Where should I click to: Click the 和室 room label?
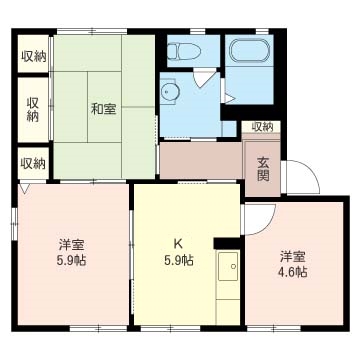tap(104, 109)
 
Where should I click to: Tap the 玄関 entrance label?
tap(263, 169)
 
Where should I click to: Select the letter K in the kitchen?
tap(178, 244)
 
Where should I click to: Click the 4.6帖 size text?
tap(293, 273)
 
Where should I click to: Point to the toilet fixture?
tap(184, 51)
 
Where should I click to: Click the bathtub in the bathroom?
tap(249, 51)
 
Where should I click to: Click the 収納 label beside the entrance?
tap(262, 127)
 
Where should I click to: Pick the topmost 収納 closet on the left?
tap(34, 57)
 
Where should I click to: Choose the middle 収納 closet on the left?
tap(33, 109)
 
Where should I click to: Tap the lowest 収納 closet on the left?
tap(33, 163)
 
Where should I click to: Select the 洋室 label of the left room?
tap(71, 246)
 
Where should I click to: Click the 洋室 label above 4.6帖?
tap(293, 257)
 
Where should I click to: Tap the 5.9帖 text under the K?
tap(179, 260)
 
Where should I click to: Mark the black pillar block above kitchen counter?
tap(227, 243)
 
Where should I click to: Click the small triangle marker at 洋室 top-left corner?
tap(23, 188)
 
